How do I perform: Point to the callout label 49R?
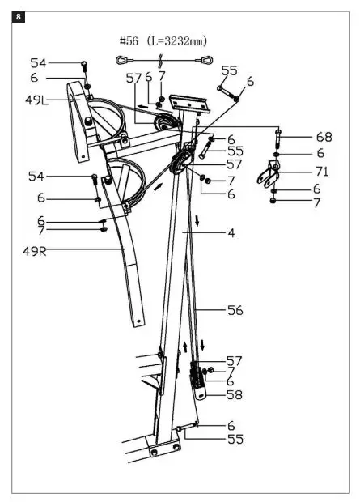36,251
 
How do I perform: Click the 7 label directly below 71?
316,202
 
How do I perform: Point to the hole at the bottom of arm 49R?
138,320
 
